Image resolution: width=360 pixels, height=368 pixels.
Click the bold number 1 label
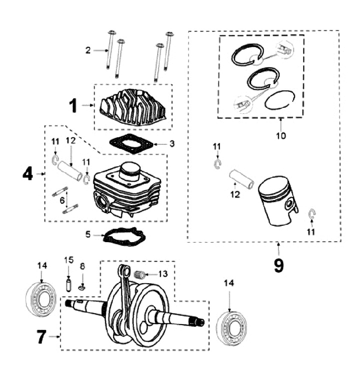(73, 105)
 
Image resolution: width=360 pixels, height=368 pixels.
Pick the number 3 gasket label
(171, 144)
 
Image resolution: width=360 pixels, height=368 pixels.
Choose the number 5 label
(88, 233)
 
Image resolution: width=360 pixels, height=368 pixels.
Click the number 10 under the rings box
(281, 135)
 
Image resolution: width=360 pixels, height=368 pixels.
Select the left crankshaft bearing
(41, 301)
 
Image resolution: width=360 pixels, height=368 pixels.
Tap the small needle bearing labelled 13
(141, 274)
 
